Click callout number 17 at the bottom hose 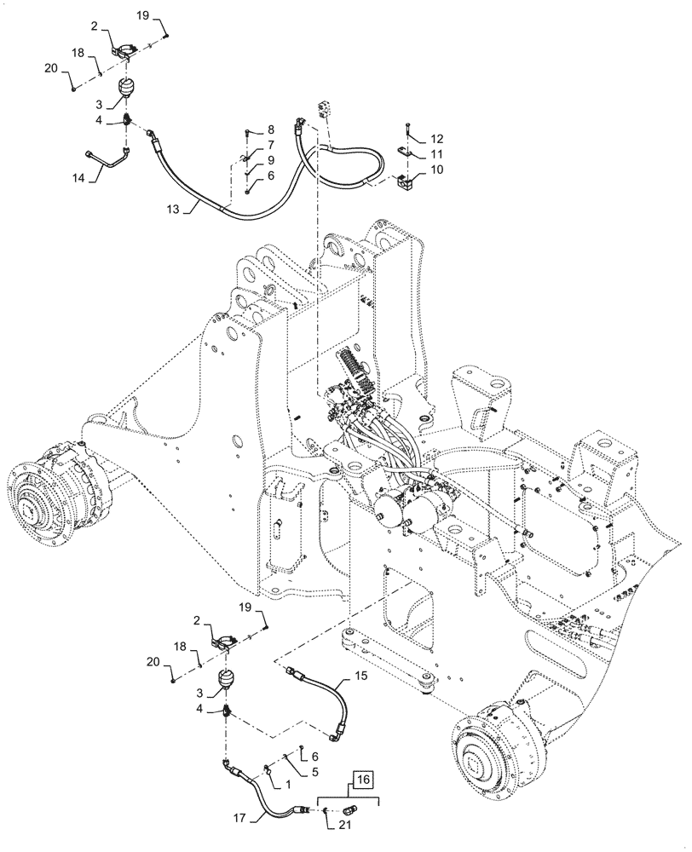(241, 819)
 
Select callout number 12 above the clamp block (436, 138)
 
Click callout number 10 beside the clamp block (436, 170)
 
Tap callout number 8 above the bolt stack (271, 130)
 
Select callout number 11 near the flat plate (436, 154)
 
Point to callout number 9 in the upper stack (271, 159)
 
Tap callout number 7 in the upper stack (271, 145)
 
